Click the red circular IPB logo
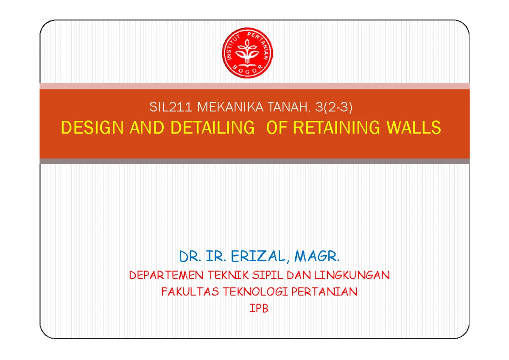(247, 53)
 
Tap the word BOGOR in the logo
(247, 70)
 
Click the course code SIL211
(171, 107)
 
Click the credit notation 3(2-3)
(334, 107)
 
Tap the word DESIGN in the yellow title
(92, 127)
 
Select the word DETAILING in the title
(213, 127)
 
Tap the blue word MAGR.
(317, 257)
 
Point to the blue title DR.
(190, 257)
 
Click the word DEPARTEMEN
(166, 275)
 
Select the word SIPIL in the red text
(268, 275)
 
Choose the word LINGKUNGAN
(352, 275)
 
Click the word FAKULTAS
(190, 292)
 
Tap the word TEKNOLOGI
(255, 292)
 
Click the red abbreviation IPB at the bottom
(259, 308)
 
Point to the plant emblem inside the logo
(247, 52)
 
